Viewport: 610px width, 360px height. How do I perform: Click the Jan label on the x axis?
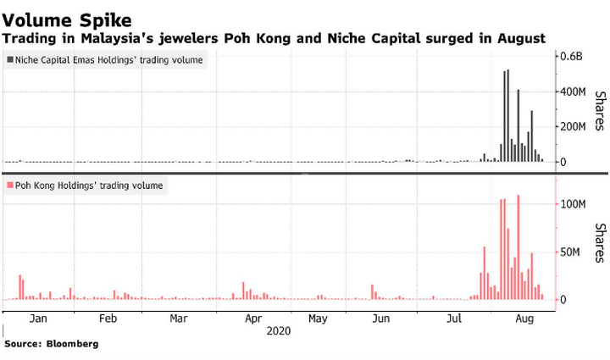point(37,319)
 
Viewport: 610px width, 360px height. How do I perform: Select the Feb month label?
point(108,319)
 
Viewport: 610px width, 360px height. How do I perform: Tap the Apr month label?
point(252,319)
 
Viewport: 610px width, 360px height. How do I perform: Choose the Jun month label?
point(380,319)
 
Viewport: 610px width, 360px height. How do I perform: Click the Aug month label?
point(524,319)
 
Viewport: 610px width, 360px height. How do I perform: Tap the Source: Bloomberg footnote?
point(51,345)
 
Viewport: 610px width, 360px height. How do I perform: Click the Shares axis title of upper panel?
point(599,111)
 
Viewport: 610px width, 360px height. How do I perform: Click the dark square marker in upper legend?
point(10,61)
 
